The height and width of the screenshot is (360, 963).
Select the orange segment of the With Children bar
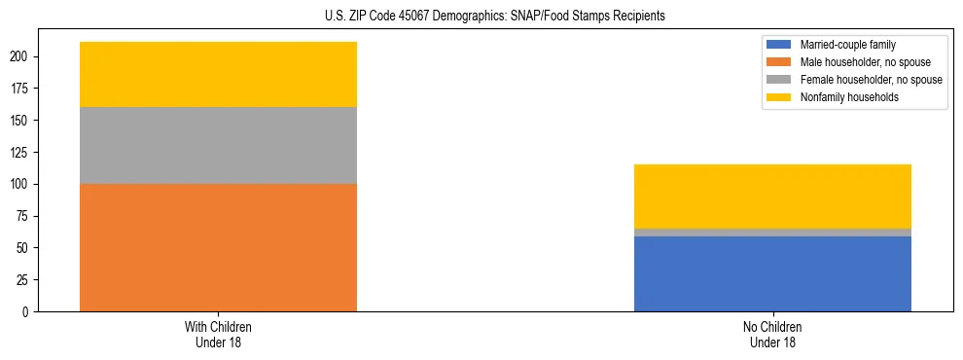218,247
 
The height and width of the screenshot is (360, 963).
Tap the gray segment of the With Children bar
218,145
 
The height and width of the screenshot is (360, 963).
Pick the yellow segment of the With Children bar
218,74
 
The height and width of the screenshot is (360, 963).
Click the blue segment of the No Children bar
772,273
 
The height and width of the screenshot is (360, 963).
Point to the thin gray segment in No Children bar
772,233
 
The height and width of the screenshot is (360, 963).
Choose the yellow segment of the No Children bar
772,197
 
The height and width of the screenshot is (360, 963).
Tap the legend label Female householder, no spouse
871,80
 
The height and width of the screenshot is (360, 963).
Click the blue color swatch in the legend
779,45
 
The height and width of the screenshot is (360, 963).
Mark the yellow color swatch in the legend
779,97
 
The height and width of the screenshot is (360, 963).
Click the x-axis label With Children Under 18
218,334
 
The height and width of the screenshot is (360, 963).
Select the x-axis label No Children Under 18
772,334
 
